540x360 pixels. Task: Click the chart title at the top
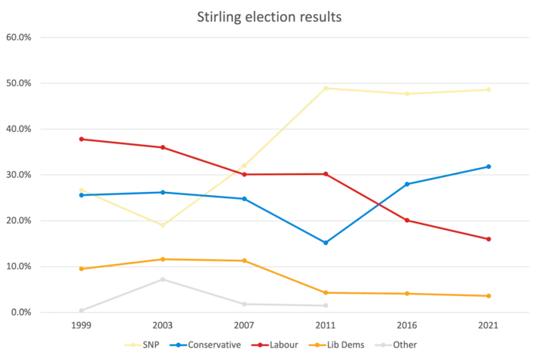[x=269, y=17]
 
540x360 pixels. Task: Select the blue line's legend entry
[x=208, y=345]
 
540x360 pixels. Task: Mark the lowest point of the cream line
[x=161, y=224]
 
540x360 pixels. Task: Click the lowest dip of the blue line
[x=326, y=244]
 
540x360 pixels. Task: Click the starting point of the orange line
[x=80, y=269]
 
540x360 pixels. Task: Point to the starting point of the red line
[x=80, y=138]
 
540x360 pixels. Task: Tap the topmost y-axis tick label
[x=19, y=37]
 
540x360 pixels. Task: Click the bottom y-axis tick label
[x=19, y=313]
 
